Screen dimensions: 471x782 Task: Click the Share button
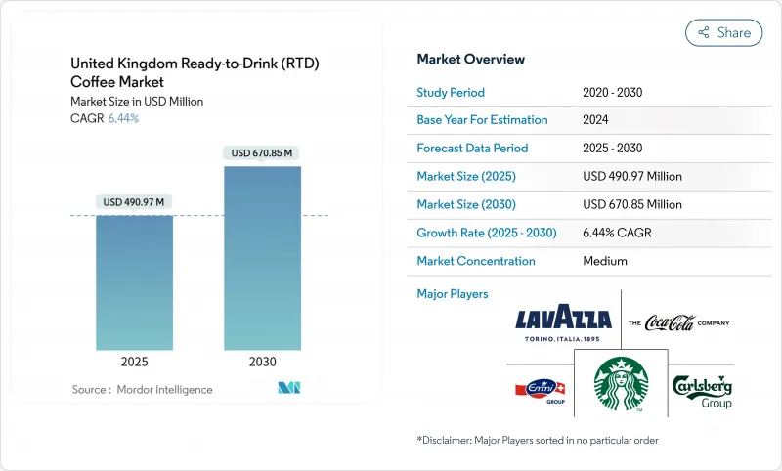point(723,32)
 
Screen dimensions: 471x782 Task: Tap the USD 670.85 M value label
point(262,152)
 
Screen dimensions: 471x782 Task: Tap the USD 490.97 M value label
point(134,201)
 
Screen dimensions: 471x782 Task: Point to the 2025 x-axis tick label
point(134,361)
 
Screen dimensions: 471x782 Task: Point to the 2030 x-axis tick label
point(262,361)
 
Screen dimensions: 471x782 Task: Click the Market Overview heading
point(470,60)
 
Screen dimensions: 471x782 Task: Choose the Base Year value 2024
point(596,120)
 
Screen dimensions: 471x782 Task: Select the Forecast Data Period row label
point(472,149)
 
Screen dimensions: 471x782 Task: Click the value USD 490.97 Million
point(631,177)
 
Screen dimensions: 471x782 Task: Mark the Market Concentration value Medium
point(604,261)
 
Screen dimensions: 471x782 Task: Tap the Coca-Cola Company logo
point(678,322)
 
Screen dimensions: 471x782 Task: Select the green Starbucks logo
point(623,383)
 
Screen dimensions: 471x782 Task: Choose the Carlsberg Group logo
point(702,390)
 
